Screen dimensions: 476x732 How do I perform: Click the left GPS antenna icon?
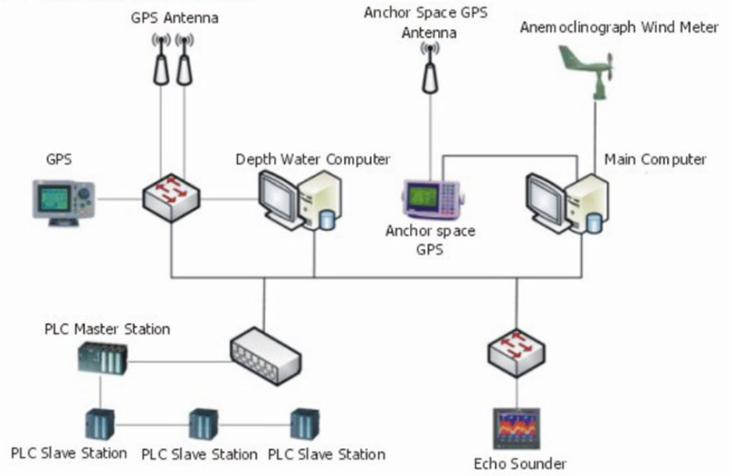click(162, 62)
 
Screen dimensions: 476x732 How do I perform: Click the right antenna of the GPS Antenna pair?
click(186, 62)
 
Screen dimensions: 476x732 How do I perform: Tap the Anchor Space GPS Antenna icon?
click(428, 70)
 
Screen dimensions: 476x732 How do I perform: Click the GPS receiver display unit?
click(63, 200)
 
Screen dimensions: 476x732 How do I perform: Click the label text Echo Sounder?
click(520, 463)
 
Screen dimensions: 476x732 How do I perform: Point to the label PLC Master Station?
click(107, 328)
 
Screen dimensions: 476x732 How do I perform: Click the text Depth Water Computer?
click(313, 159)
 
